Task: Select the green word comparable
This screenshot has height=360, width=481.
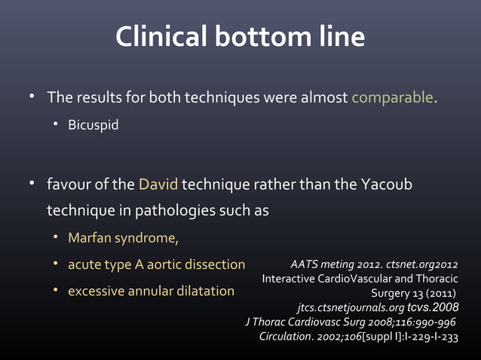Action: pyautogui.click(x=392, y=98)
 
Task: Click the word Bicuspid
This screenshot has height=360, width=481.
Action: pyautogui.click(x=93, y=124)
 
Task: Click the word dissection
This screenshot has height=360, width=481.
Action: pyautogui.click(x=213, y=264)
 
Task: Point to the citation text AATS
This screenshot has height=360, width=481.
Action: pyautogui.click(x=305, y=264)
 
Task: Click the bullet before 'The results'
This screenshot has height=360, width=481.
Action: pyautogui.click(x=32, y=97)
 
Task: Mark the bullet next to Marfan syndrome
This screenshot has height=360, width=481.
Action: pyautogui.click(x=55, y=238)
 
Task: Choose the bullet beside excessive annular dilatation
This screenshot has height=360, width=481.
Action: pyautogui.click(x=55, y=289)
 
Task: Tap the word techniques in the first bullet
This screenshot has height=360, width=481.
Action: pyautogui.click(x=215, y=98)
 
